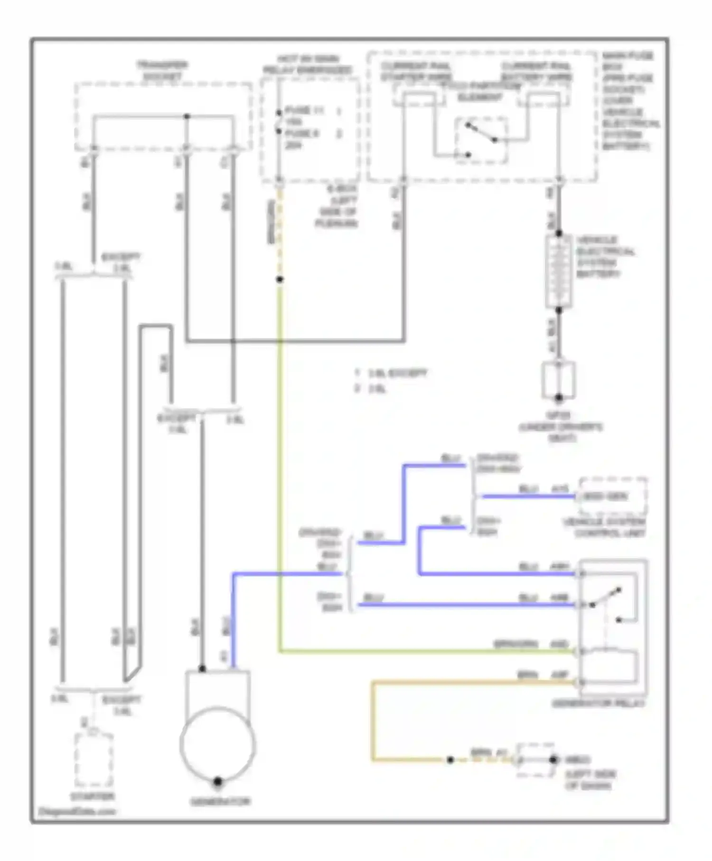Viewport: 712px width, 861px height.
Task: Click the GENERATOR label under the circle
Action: tap(220, 802)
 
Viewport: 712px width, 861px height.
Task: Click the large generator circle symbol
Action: tap(218, 744)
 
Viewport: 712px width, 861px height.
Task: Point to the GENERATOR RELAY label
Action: tap(599, 703)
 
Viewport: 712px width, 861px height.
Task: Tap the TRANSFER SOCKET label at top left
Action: tap(162, 70)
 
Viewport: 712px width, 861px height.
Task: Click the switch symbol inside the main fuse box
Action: tap(481, 139)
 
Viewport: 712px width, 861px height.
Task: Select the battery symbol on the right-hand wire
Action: tap(559, 271)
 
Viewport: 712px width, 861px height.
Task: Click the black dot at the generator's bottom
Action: tap(218, 781)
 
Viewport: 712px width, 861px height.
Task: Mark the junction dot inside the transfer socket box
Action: tap(187, 116)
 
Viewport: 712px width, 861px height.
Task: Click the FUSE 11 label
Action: tap(304, 111)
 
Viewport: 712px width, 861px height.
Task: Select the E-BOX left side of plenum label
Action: tap(336, 206)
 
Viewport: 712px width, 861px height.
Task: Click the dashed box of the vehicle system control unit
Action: tap(612, 496)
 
